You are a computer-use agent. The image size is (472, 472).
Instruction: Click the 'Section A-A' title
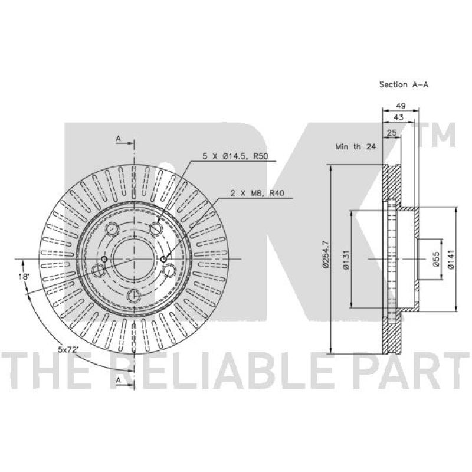tap(404, 84)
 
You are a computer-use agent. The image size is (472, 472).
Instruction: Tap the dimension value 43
tap(398, 118)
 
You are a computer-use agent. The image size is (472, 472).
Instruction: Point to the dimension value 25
tap(391, 133)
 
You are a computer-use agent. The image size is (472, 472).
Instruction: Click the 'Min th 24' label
tap(355, 146)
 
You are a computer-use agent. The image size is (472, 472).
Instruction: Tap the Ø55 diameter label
tap(435, 260)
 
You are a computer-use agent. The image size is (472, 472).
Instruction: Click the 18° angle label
tap(23, 277)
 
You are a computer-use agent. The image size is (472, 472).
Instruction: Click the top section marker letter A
tap(118, 139)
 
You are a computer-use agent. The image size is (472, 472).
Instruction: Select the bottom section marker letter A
tap(118, 381)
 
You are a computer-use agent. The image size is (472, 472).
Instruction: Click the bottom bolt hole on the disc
tap(134, 296)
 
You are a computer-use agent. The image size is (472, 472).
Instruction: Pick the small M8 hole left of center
tap(104, 260)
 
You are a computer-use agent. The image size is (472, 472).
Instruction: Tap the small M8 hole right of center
tap(163, 260)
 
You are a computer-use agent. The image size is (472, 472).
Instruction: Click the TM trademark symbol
tap(440, 136)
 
